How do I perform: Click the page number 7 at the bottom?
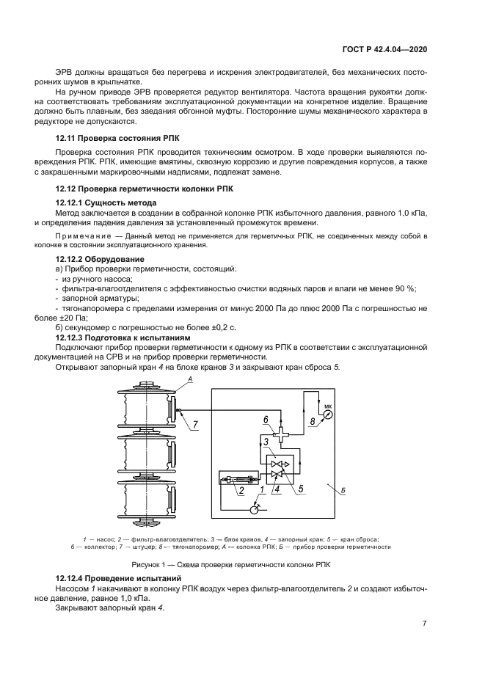click(424, 624)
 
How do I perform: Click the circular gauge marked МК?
click(327, 413)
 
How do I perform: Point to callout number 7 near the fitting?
click(195, 424)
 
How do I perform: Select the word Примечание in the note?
click(80, 236)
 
